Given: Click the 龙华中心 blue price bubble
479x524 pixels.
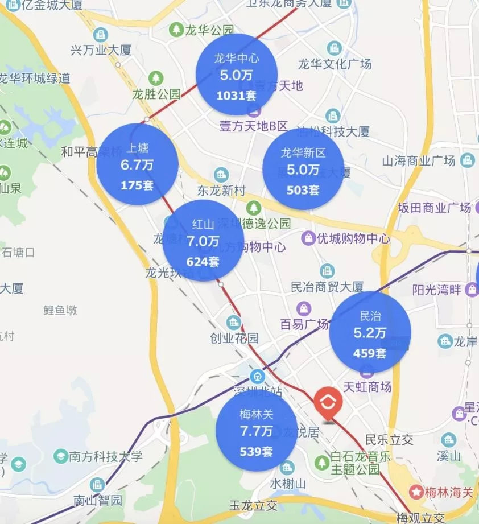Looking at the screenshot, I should tap(236, 75).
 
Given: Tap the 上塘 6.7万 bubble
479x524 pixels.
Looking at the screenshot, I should tap(137, 164).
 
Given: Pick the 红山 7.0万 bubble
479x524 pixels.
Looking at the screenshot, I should tap(203, 240).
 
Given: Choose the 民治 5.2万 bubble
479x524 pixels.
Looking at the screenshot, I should tap(370, 332).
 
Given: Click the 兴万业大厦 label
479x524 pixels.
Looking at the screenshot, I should tap(101, 50).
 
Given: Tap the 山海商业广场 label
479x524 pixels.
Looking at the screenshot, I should tap(419, 161).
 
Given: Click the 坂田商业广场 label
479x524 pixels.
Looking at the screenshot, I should tap(435, 207).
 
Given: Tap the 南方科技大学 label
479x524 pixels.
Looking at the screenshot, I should tap(105, 456).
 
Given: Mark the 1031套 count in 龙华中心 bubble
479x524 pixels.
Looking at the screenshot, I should tap(236, 96).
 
